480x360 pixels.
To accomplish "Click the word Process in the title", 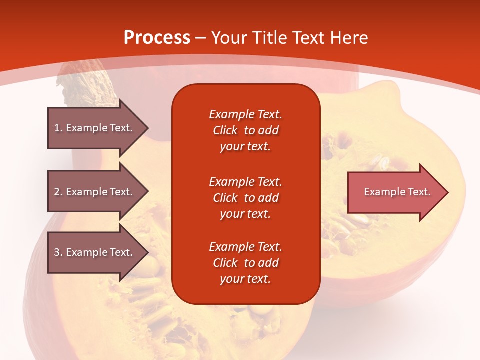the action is tap(157, 37).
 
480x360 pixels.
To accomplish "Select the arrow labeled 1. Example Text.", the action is tap(98, 128).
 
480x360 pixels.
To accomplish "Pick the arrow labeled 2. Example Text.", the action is tap(98, 191).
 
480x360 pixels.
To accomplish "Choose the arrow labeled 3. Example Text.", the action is tap(98, 252).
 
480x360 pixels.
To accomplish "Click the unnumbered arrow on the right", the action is tap(398, 192).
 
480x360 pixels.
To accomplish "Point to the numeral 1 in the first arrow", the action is tap(57, 128).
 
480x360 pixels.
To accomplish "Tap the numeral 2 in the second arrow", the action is tap(57, 192).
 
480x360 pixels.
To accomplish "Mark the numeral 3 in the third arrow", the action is tap(57, 252).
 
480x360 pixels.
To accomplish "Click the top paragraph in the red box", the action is tap(246, 130).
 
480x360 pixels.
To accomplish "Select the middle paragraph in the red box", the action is tap(246, 198).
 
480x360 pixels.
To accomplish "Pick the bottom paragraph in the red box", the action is tap(246, 262).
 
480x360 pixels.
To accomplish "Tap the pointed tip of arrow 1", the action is tap(149, 128).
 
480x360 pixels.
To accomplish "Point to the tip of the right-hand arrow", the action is tap(448, 192).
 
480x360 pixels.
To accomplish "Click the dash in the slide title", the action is tap(201, 39).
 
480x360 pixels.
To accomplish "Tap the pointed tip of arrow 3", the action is tap(149, 252).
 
